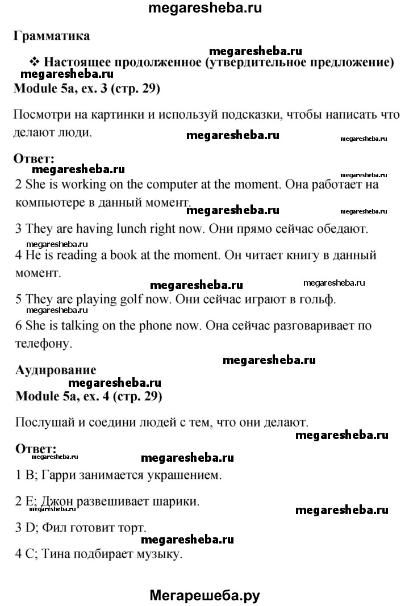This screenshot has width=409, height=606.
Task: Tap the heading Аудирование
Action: pyautogui.click(x=55, y=369)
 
